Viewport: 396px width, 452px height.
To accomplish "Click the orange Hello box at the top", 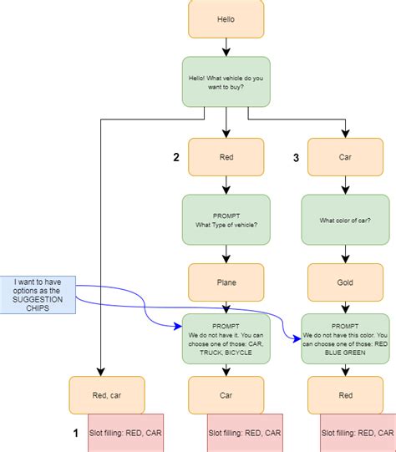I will tap(226, 18).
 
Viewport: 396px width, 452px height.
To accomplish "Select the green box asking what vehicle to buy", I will tap(226, 81).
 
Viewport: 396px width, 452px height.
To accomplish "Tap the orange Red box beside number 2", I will tap(226, 157).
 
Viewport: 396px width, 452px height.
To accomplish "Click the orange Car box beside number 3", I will tap(345, 157).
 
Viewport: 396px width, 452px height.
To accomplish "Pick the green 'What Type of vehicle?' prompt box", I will tap(226, 220).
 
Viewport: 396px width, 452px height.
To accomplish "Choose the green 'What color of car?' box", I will tap(345, 220).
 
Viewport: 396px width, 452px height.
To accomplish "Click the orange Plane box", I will tap(226, 282).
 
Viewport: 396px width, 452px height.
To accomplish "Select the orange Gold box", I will tap(345, 282).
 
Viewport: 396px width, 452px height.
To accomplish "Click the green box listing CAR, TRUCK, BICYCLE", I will tap(226, 339).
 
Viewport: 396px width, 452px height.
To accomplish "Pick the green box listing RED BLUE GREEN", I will tap(345, 339).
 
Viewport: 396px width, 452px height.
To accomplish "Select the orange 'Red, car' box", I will tap(106, 395).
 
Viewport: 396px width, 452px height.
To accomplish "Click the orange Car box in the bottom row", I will tap(226, 395).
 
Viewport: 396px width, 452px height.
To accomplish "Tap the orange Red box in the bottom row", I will tap(345, 395).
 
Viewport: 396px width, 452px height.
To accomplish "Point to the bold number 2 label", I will tap(176, 156).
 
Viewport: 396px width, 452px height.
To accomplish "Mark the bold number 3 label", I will tap(296, 156).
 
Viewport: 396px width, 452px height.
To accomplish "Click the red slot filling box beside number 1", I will tap(125, 433).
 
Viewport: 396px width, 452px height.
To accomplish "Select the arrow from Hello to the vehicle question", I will tap(226, 48).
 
